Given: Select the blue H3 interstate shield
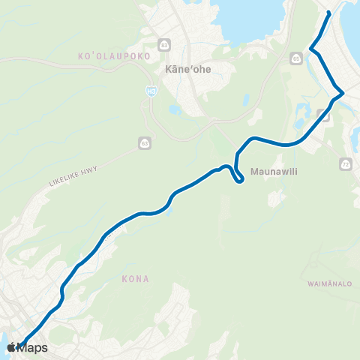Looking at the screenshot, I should [151, 89].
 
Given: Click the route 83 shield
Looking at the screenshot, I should [162, 43].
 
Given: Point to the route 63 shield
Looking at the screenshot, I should [142, 142].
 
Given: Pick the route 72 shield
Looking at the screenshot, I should [345, 163].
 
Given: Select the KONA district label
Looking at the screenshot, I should [135, 278].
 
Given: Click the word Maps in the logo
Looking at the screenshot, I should [34, 348].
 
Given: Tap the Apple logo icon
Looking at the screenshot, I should [11, 347].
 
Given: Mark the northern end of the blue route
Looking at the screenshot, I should [330, 13].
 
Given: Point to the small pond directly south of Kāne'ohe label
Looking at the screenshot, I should [175, 109].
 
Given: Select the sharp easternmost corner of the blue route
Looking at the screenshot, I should [343, 94].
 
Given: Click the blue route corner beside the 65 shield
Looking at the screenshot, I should [311, 51].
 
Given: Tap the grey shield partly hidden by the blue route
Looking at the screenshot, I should [322, 114].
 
